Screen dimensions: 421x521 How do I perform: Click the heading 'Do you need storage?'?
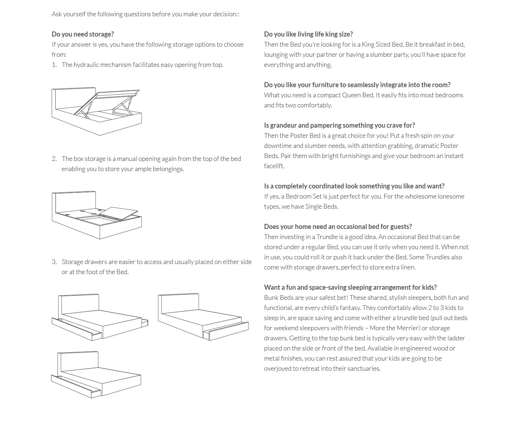coord(82,34)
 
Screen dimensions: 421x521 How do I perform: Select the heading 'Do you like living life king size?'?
coord(308,34)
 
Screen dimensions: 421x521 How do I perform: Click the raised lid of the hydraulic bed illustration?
coord(118,94)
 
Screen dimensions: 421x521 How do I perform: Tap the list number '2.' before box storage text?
coord(54,159)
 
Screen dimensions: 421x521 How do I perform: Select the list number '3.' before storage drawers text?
coord(54,262)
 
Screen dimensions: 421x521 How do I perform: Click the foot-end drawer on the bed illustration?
coord(226,331)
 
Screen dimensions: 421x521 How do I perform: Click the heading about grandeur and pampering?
coord(339,125)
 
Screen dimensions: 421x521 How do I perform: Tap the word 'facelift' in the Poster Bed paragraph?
coord(274,166)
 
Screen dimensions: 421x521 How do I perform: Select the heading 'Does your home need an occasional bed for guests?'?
coord(338,226)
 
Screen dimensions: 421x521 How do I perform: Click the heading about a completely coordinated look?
coord(354,186)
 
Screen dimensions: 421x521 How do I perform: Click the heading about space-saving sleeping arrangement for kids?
coord(350,287)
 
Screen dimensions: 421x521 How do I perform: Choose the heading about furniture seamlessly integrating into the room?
coord(357,85)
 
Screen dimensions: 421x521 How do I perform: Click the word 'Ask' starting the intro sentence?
coord(56,14)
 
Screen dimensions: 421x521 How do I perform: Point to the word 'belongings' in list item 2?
coord(168,169)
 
